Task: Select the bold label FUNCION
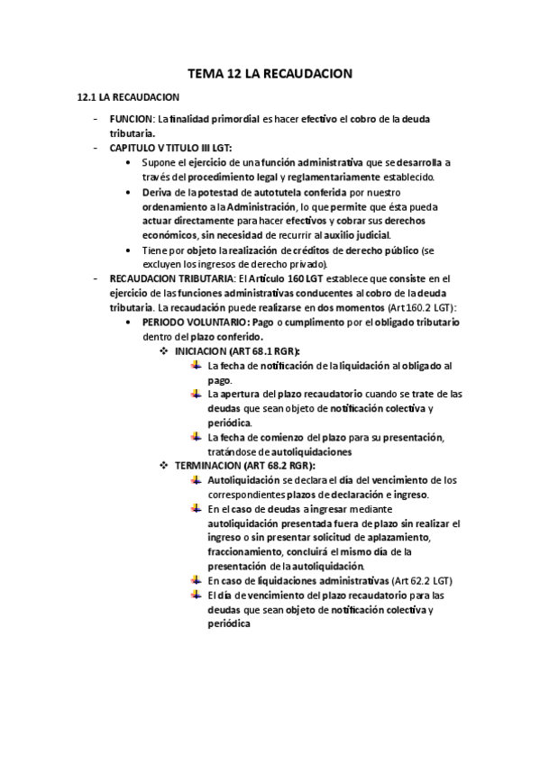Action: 131,119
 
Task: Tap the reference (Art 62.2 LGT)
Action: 423,581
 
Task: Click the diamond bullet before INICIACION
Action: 165,350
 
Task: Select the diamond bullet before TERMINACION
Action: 165,465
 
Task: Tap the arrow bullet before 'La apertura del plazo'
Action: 197,393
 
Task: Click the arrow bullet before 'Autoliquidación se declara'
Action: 197,479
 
